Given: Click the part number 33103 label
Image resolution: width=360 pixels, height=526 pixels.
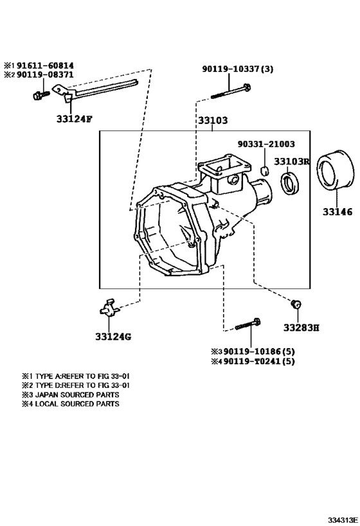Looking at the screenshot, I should pyautogui.click(x=212, y=120).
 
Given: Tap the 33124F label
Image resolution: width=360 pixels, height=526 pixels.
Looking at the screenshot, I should pyautogui.click(x=74, y=118).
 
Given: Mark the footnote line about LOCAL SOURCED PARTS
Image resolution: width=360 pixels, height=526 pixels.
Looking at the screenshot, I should pyautogui.click(x=71, y=404).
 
